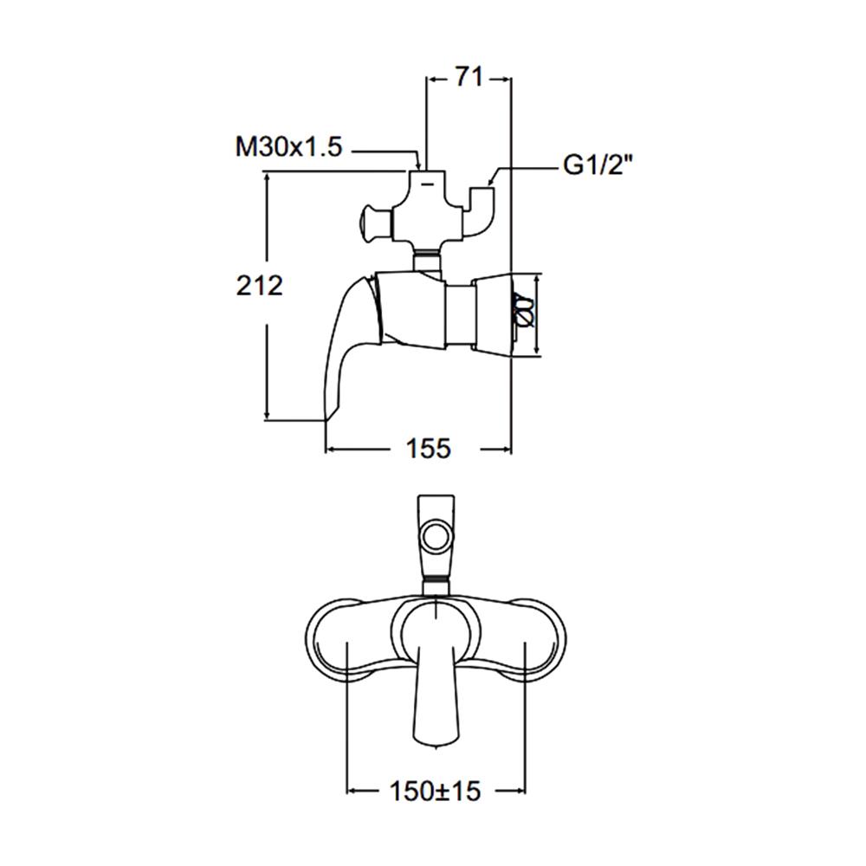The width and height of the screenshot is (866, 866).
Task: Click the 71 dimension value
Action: tap(468, 78)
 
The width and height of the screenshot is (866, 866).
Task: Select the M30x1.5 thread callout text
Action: tap(289, 147)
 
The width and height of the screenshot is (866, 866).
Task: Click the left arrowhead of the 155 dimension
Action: tap(329, 449)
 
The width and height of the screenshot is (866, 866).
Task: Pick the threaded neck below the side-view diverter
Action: tap(426, 259)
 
